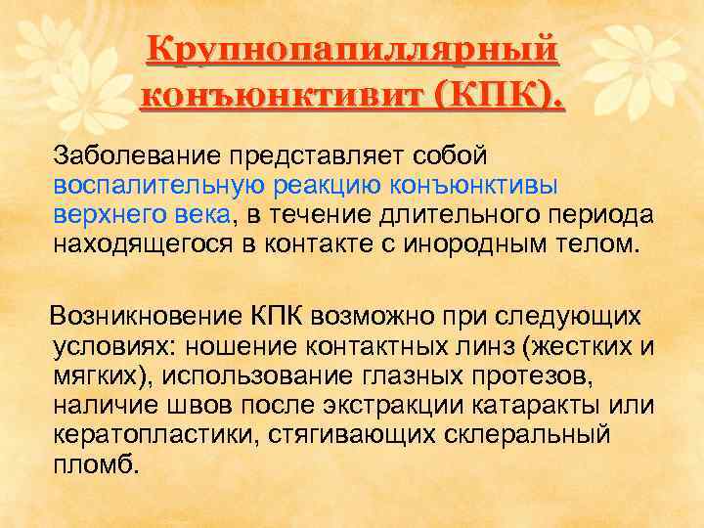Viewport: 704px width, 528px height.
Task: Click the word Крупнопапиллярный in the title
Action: [x=352, y=50]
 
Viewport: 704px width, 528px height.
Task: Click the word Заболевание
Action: [x=136, y=155]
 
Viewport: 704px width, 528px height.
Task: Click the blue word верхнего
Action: [x=108, y=215]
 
